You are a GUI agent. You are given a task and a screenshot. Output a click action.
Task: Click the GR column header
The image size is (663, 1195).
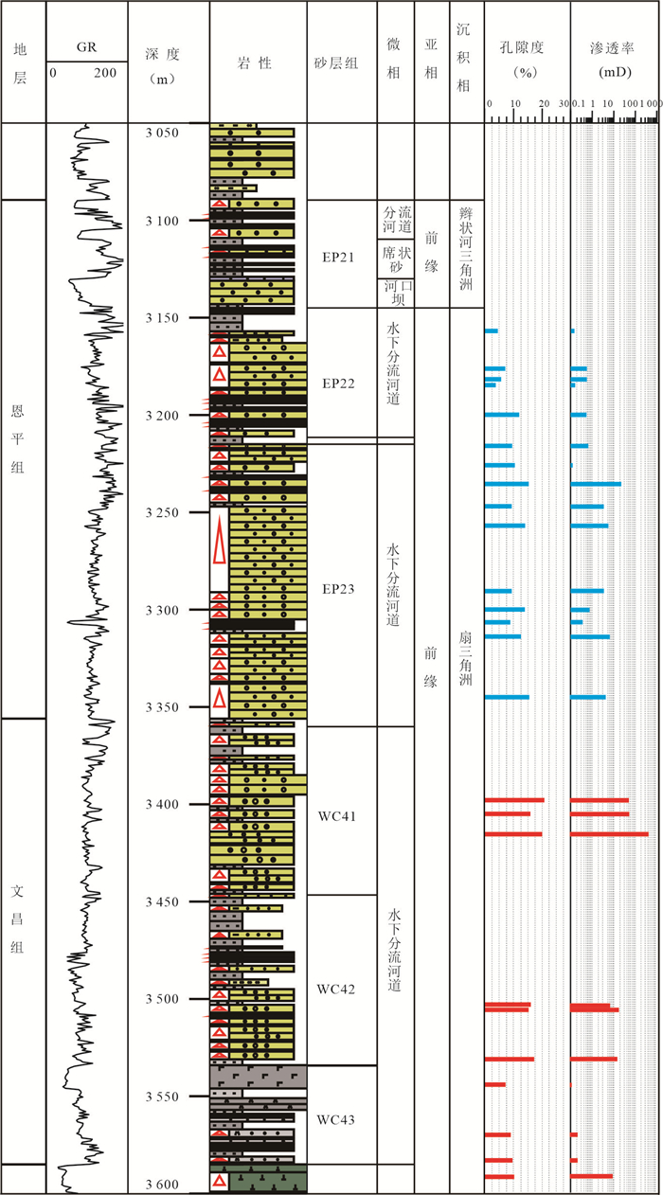point(86,47)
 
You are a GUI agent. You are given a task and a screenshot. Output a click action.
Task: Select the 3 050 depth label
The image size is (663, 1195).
point(162,133)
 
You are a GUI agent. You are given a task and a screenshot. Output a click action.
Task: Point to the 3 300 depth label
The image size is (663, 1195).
point(162,611)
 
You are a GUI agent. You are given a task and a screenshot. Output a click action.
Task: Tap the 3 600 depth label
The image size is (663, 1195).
point(162,1185)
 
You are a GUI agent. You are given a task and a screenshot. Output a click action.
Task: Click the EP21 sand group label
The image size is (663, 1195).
point(338,258)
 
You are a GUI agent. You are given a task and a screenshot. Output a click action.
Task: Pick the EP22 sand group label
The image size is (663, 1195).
point(338,383)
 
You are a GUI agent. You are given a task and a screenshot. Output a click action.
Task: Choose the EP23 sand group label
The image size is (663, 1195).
point(338,589)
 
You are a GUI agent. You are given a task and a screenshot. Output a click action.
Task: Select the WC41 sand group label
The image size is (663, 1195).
point(337,816)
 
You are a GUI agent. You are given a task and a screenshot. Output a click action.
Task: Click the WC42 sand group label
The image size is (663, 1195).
point(336,990)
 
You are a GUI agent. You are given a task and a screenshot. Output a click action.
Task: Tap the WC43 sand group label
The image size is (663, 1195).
point(336,1120)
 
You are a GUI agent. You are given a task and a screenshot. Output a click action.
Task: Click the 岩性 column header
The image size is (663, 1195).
point(255,62)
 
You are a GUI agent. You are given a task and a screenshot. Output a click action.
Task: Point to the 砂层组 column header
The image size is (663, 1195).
point(336,62)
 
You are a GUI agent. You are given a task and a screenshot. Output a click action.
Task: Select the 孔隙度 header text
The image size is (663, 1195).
point(522,47)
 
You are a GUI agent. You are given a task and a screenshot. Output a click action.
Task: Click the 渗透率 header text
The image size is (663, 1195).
point(613,48)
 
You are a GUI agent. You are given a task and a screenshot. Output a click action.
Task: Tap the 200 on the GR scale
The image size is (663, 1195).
point(105,73)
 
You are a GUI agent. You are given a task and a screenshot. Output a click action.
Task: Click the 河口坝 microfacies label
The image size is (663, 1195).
point(398,293)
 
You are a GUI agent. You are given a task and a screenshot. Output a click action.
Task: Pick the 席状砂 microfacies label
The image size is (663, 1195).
point(397,259)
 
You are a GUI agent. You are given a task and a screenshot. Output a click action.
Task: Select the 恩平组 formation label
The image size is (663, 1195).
point(18,439)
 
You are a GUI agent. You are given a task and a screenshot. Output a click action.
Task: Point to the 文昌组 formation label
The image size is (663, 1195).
point(18,919)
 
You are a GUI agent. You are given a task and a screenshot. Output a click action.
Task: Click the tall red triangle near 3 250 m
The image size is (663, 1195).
point(220,540)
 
